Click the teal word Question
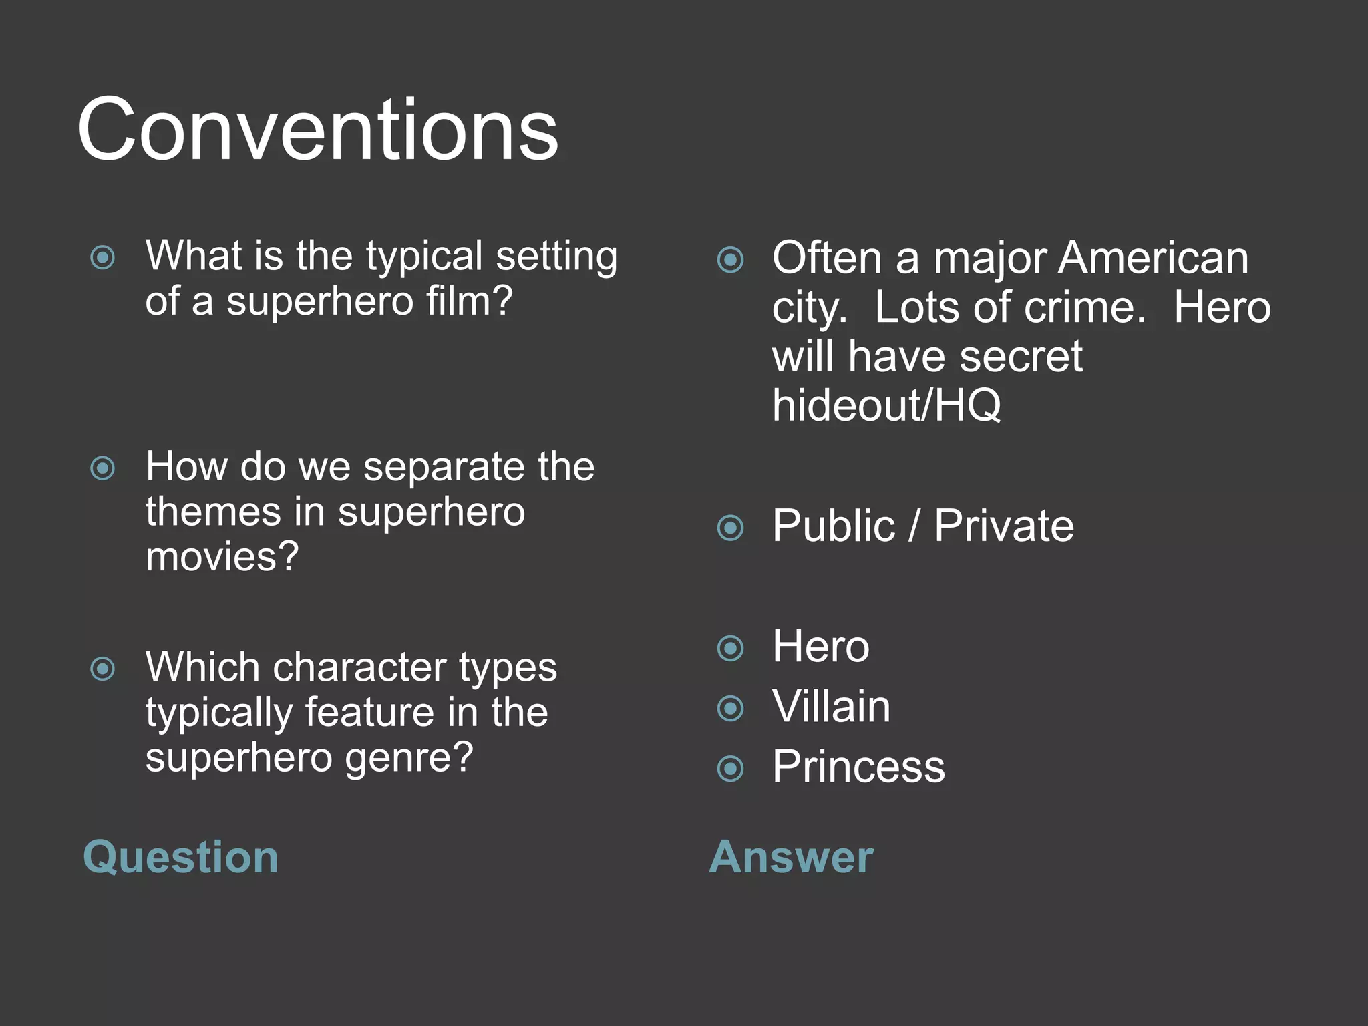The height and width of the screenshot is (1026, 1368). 180,857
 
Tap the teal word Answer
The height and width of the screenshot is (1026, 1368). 791,857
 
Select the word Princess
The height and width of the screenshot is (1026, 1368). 858,767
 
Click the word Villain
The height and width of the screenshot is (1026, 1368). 831,707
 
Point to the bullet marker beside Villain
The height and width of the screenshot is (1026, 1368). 730,708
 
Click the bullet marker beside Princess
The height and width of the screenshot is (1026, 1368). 730,768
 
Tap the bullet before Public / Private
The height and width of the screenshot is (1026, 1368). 730,528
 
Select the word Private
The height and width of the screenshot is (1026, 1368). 1004,526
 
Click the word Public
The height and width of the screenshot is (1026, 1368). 833,526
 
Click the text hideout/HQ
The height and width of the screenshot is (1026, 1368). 886,405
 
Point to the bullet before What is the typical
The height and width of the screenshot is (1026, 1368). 103,257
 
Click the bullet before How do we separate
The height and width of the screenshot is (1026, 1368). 103,468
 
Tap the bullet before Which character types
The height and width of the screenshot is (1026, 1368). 103,668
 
